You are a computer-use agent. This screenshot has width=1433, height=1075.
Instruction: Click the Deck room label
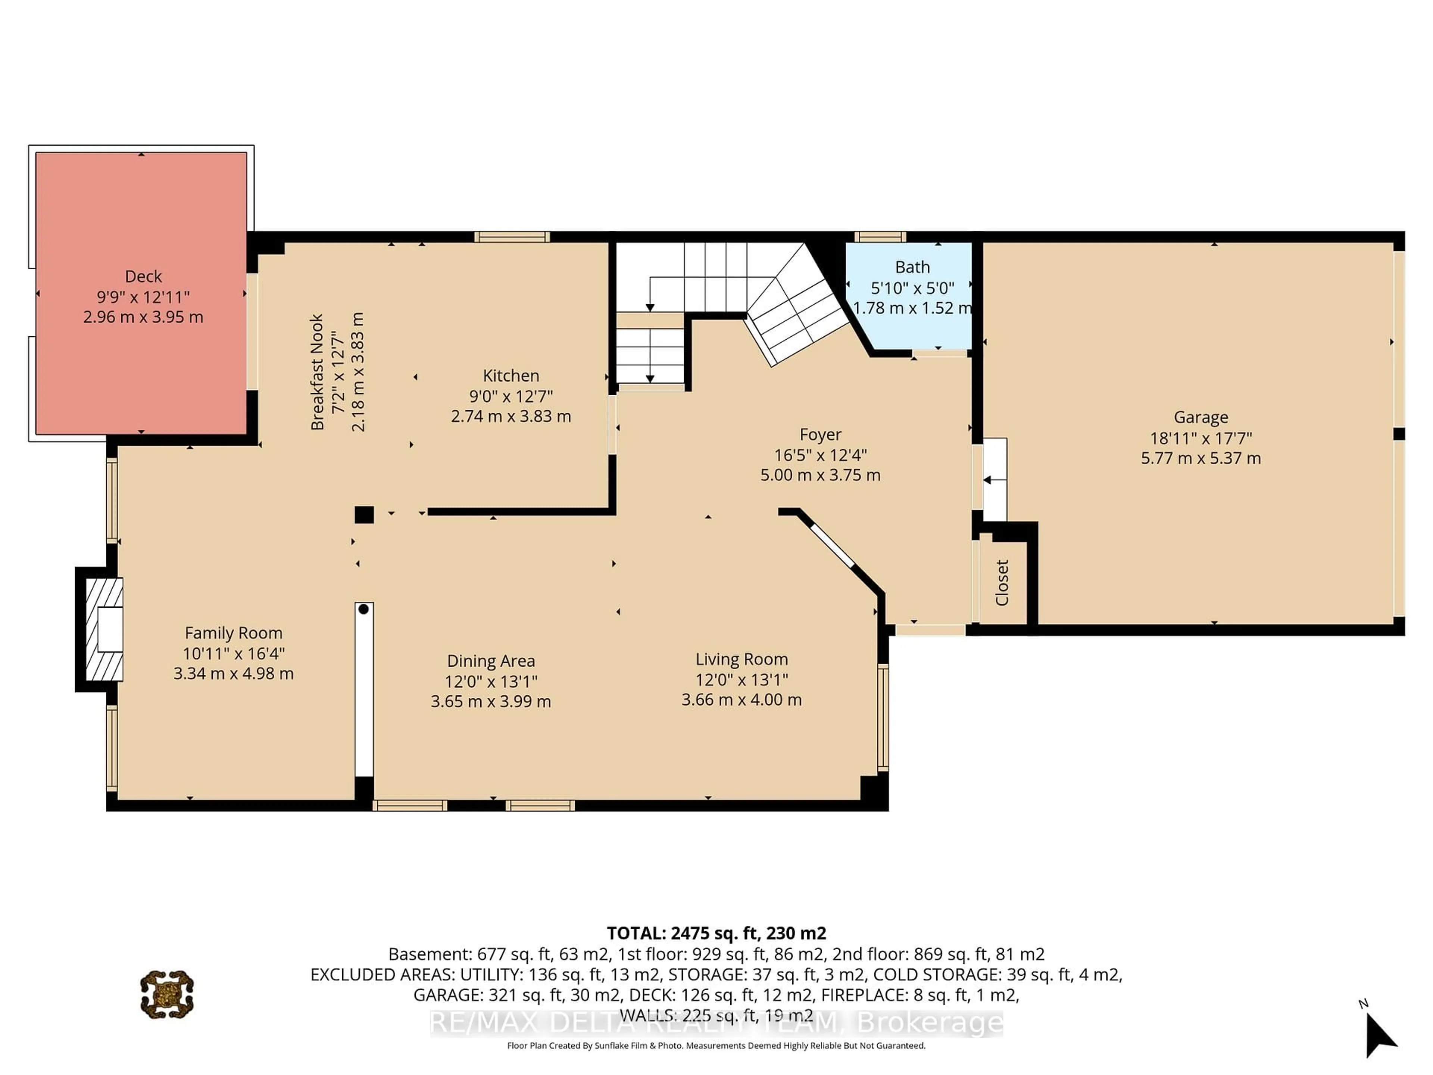point(143,277)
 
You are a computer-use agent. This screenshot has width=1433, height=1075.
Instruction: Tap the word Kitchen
point(511,376)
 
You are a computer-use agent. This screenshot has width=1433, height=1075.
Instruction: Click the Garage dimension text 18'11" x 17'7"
point(1201,438)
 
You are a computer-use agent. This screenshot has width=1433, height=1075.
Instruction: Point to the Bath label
point(912,267)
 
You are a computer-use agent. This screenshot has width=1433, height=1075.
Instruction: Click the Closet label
point(1002,583)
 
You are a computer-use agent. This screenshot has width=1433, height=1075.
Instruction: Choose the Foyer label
point(820,434)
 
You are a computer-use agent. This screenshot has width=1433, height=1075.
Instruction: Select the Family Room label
point(233,633)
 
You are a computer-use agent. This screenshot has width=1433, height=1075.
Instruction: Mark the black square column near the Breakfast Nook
point(364,514)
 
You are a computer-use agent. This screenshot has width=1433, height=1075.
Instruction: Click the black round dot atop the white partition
point(363,609)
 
